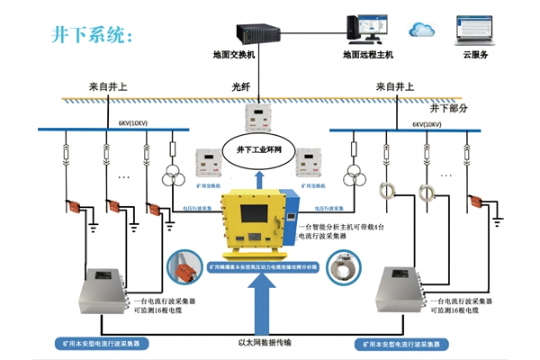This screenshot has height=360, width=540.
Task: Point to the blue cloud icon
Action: point(421,30)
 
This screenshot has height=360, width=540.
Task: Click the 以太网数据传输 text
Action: point(268,343)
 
